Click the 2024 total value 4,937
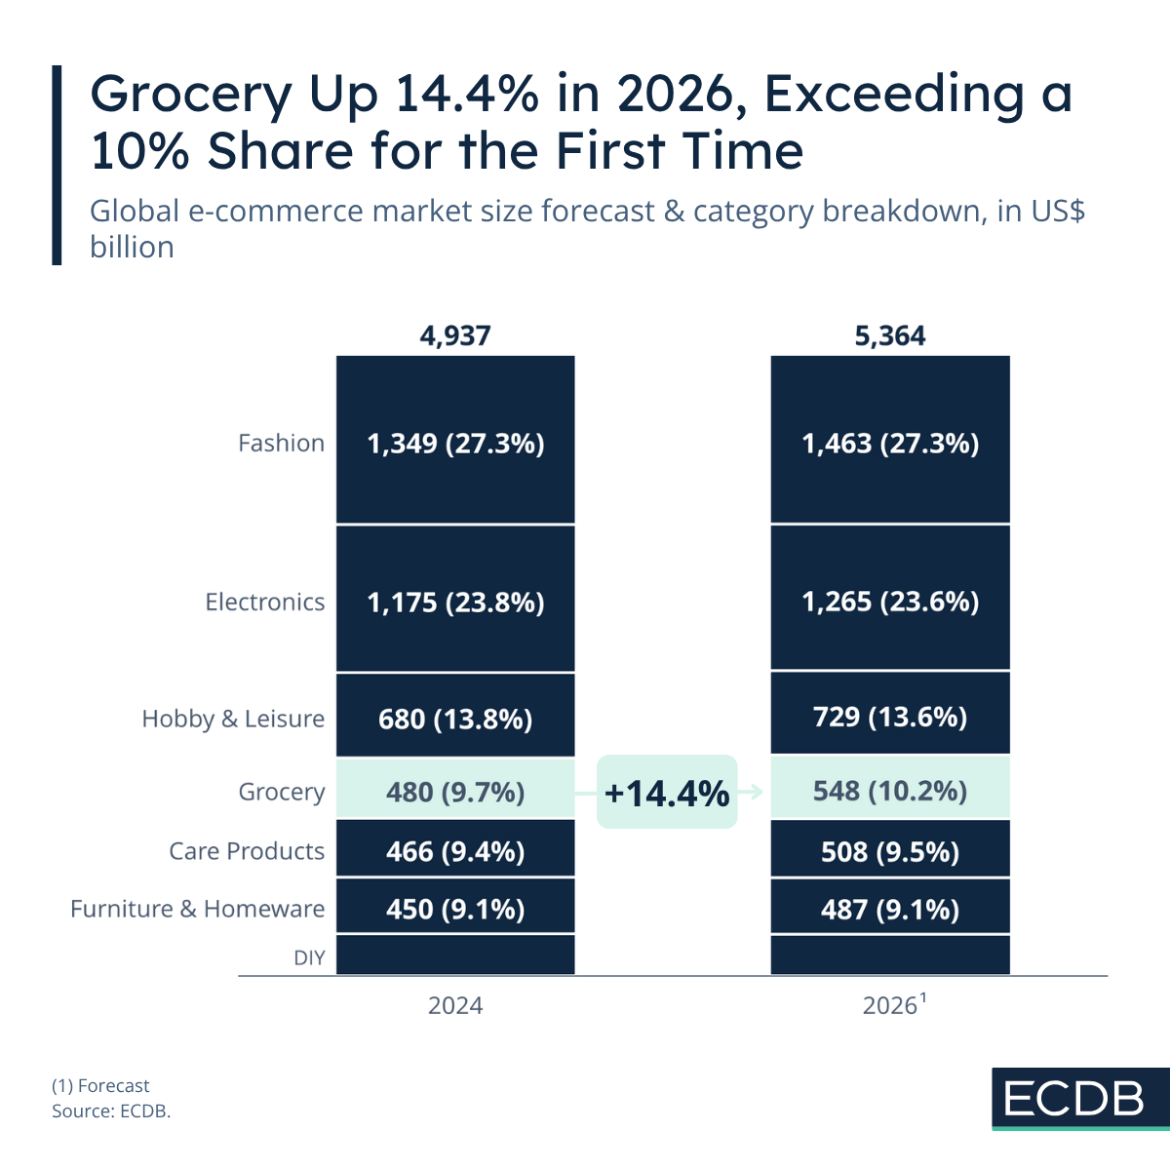455,336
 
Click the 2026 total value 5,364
890,336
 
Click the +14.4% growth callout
667,792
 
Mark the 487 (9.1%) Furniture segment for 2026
890,908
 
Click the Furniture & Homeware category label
198,909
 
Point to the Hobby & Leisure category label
233,719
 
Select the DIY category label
309,957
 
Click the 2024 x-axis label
455,1005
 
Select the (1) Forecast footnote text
100,1085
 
